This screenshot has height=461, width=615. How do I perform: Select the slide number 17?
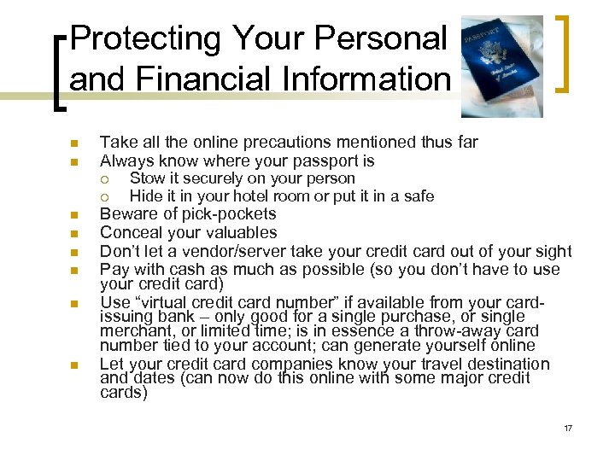click(x=568, y=428)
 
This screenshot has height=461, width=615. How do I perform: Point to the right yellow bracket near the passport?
click(x=561, y=53)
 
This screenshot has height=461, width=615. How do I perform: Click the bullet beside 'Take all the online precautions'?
click(x=74, y=143)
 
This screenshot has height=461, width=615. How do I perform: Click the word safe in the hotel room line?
click(x=419, y=196)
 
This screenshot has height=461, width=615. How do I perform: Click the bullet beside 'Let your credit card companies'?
click(x=74, y=365)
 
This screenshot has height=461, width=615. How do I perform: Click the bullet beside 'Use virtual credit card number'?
click(x=74, y=303)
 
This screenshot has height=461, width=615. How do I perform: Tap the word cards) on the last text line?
click(x=124, y=394)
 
